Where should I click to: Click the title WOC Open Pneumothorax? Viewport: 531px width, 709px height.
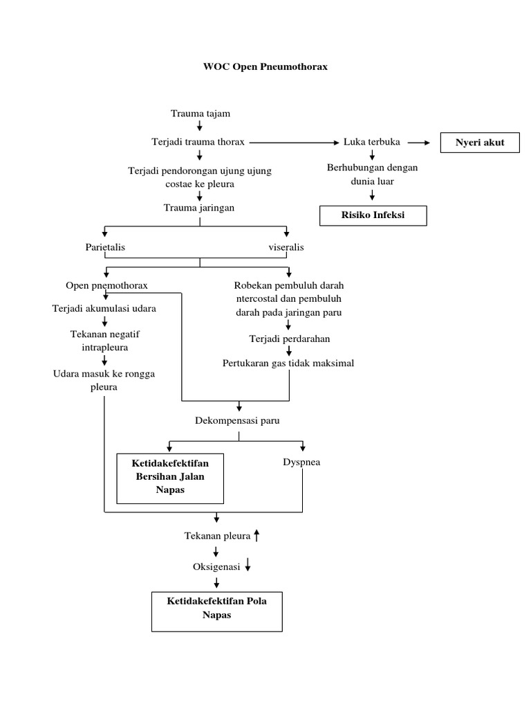tap(265, 67)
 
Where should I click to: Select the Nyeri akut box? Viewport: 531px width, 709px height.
tap(480, 143)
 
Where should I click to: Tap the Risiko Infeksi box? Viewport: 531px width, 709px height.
tap(373, 215)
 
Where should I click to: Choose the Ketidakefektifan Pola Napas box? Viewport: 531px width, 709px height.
tap(216, 608)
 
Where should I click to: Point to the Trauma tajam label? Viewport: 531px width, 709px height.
tap(200, 113)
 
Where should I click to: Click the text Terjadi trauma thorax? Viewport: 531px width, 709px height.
tap(198, 142)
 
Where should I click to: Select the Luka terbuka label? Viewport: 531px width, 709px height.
tap(372, 142)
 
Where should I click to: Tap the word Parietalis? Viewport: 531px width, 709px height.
tap(105, 247)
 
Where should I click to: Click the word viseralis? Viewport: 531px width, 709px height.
tap(286, 247)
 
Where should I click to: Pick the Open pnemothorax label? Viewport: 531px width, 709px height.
tap(106, 285)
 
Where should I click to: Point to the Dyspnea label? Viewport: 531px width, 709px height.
tap(301, 462)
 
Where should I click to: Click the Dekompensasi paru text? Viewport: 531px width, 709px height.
tap(239, 420)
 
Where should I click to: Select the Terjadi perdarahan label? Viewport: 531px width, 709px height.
tap(289, 339)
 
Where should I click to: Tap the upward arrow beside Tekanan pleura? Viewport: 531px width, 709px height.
tap(257, 535)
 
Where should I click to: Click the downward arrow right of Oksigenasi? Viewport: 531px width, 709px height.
tap(248, 566)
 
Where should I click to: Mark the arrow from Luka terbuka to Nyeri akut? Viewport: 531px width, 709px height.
tap(418, 143)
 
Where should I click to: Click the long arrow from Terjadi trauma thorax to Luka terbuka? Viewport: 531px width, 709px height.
tap(293, 143)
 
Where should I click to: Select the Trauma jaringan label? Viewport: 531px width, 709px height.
tap(200, 208)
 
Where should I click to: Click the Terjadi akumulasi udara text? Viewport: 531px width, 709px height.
tap(104, 308)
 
